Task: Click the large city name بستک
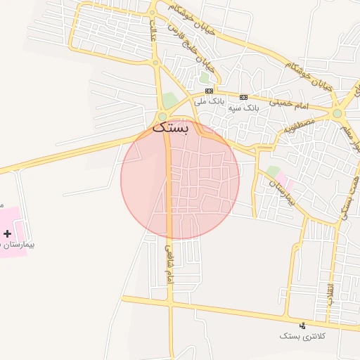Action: (171, 129)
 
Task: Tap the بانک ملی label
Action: (209, 101)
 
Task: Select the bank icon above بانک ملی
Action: (209, 91)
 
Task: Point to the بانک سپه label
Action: (244, 108)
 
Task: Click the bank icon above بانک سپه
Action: (244, 97)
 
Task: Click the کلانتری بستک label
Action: (302, 337)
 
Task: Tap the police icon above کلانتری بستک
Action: (303, 325)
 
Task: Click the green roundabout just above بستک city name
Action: (163, 117)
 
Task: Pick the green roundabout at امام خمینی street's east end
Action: (337, 113)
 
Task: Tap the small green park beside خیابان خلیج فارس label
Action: (204, 78)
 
